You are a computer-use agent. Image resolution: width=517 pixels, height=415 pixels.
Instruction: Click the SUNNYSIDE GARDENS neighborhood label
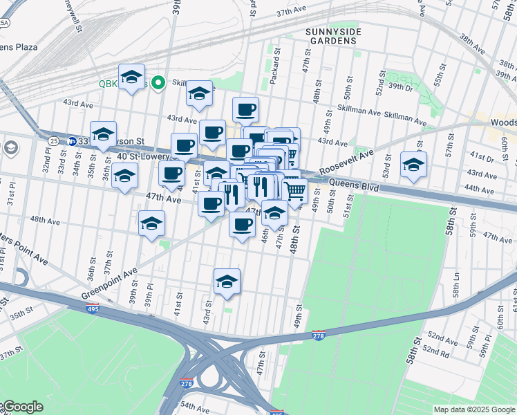point(331,35)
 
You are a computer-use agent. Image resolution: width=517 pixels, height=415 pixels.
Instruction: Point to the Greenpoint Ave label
point(109,284)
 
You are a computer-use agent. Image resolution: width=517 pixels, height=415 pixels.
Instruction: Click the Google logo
point(22,407)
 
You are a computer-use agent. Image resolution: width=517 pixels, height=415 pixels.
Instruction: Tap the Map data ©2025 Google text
point(473,409)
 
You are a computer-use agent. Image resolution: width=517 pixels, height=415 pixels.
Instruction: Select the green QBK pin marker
point(158,84)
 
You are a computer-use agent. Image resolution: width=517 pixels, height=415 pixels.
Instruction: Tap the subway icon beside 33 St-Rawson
point(72,140)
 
